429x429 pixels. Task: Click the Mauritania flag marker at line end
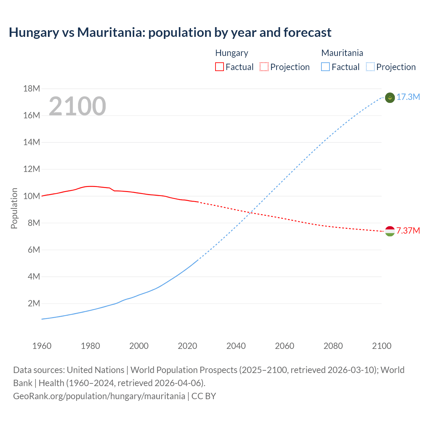click(x=390, y=98)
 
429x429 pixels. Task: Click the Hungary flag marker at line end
click(x=390, y=231)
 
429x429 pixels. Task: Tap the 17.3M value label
click(x=408, y=97)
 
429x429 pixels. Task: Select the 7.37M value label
click(x=408, y=231)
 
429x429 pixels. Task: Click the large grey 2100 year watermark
click(x=77, y=106)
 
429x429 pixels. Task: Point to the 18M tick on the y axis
click(x=32, y=89)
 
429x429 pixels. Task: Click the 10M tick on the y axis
click(x=32, y=196)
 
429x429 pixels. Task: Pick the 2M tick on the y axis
click(x=34, y=304)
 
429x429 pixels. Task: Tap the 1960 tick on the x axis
click(x=42, y=346)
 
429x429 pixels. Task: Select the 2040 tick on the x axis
click(x=236, y=346)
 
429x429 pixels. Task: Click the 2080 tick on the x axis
click(x=333, y=346)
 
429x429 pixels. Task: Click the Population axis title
click(x=14, y=208)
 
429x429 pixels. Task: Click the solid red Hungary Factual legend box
click(x=219, y=67)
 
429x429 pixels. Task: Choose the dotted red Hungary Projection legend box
click(x=264, y=67)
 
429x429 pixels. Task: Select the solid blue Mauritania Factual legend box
click(x=325, y=67)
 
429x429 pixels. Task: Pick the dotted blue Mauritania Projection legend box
click(x=370, y=67)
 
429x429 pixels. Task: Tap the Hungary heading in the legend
click(x=232, y=53)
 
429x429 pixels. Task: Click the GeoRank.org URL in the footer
click(x=99, y=396)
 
